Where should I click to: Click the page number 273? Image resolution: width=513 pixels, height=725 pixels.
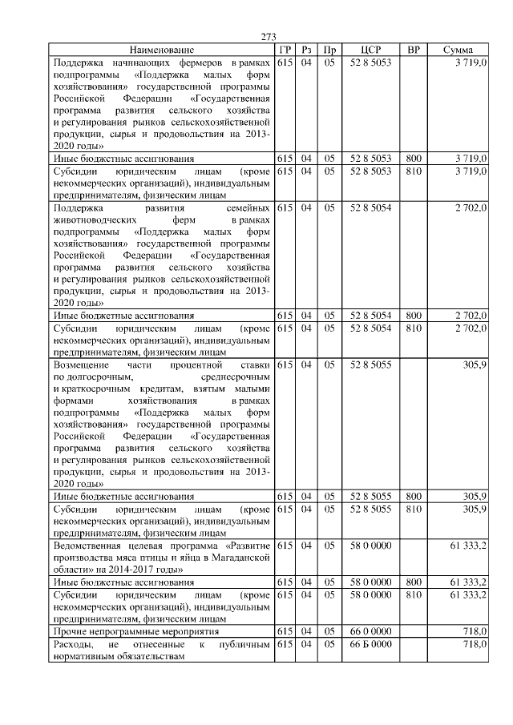pos(269,37)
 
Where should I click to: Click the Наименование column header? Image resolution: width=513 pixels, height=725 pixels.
pos(161,50)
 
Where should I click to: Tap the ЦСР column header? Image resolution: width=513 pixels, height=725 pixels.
pos(370,50)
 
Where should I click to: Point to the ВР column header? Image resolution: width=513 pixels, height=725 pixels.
pos(414,50)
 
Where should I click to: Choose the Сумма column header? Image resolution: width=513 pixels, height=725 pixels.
pos(458,50)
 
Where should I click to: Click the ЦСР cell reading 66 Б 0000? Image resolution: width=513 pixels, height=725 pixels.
pos(370,644)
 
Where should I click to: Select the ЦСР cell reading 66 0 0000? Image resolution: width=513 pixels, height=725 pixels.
pos(370,632)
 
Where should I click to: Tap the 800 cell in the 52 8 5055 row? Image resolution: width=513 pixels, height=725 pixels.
pos(414,496)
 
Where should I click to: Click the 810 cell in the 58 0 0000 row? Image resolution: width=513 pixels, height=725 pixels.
pos(414,596)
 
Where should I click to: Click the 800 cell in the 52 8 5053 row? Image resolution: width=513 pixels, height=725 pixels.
pos(414,159)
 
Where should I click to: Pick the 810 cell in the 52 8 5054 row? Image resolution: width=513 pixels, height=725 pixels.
pos(414,328)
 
